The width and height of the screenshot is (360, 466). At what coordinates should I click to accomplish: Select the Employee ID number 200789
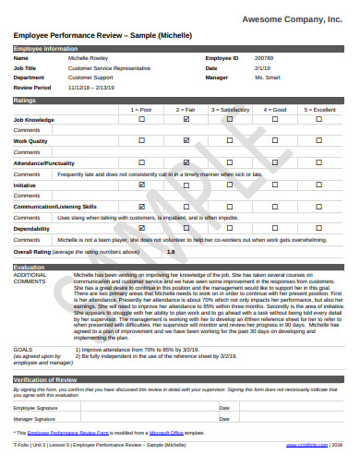pyautogui.click(x=263, y=57)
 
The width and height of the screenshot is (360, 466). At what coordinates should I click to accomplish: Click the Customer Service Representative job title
pyautogui.click(x=109, y=67)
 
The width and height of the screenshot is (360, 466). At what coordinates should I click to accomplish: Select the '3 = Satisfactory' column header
pyautogui.click(x=230, y=109)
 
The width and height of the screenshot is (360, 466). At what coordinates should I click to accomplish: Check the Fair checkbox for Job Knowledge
pyautogui.click(x=186, y=120)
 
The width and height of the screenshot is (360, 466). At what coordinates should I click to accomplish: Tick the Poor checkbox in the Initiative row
pyautogui.click(x=141, y=185)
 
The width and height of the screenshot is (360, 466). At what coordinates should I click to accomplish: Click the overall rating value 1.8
pyautogui.click(x=170, y=251)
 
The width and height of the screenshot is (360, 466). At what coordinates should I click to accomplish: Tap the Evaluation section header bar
pyautogui.click(x=180, y=267)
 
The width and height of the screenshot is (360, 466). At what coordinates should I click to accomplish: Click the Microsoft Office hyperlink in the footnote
pyautogui.click(x=165, y=432)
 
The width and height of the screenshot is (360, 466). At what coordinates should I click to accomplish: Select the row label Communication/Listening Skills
pyautogui.click(x=54, y=207)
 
